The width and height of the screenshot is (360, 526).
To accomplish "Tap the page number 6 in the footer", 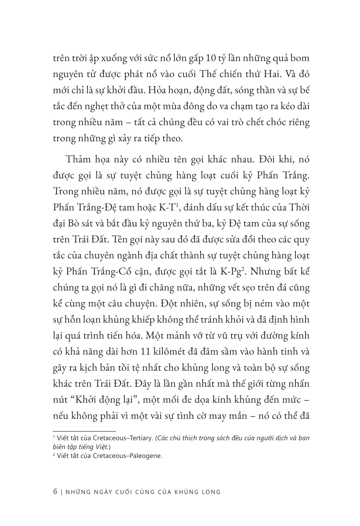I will coord(55,491).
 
